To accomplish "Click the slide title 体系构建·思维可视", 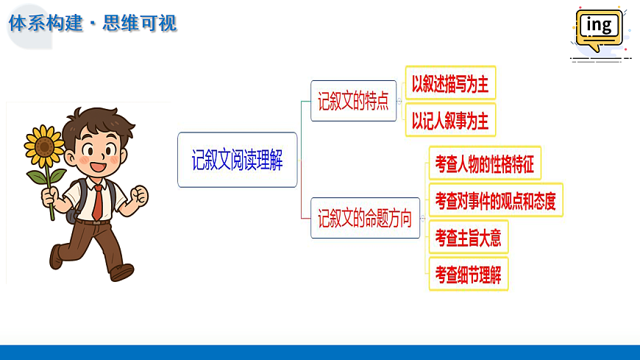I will [93, 23].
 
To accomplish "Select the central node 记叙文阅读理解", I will [238, 160].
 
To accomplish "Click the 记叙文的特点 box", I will [353, 102].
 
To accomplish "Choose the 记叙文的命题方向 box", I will [364, 218].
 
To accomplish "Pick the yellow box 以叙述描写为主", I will [450, 83].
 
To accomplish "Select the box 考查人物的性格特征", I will [485, 163].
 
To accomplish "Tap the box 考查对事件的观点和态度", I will [495, 200].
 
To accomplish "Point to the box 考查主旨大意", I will [468, 237].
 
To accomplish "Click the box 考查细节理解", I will [468, 274].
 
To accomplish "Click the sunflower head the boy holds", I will [44, 146].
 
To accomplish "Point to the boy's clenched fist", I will [138, 197].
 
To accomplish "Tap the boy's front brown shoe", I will [121, 272].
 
